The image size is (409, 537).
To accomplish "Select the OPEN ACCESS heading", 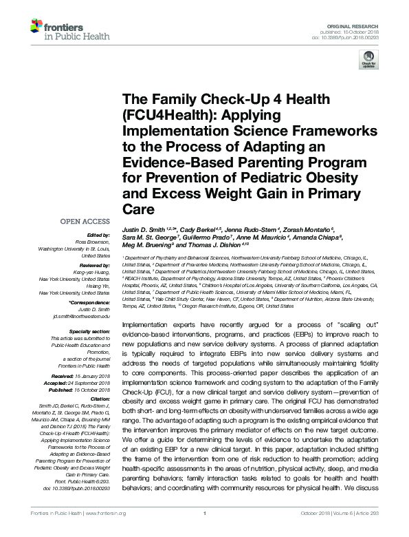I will (85, 222).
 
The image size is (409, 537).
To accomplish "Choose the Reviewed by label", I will (94, 263).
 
